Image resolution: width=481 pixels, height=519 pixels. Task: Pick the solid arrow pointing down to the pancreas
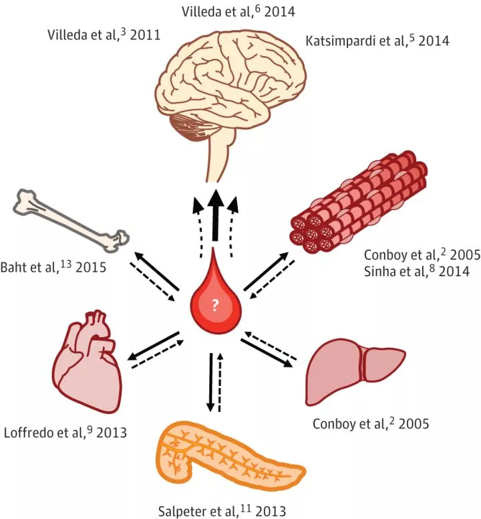pyautogui.click(x=210, y=381)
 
